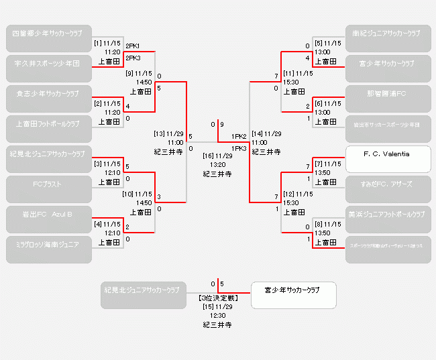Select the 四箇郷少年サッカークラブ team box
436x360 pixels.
tap(49, 34)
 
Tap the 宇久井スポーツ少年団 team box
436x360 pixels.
tap(49, 63)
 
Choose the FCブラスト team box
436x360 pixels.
tap(49, 184)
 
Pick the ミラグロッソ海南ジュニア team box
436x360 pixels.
tap(49, 245)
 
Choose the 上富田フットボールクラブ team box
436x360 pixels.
tap(49, 124)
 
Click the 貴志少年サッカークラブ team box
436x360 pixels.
tap(49, 93)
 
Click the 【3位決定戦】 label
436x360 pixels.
tap(218, 297)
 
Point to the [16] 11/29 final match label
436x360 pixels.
tap(218, 156)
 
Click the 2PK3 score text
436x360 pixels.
tap(133, 58)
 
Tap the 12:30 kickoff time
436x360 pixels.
tap(218, 315)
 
